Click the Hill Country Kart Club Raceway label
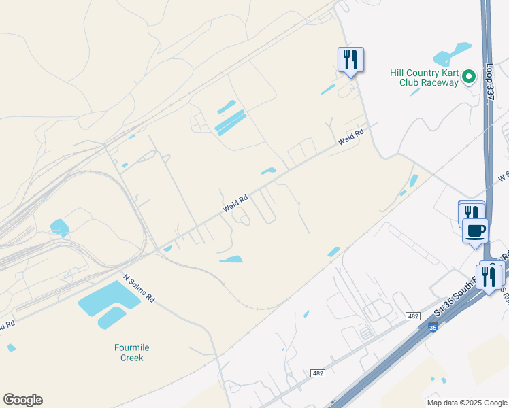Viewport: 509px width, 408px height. tap(425, 78)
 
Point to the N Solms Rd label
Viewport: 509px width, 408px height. tap(139, 289)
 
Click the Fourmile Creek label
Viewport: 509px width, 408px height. tap(131, 352)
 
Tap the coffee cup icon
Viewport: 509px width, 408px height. tap(475, 231)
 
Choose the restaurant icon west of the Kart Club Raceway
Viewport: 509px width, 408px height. tap(350, 60)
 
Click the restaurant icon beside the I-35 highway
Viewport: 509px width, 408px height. tap(489, 277)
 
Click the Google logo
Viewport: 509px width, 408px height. tap(22, 400)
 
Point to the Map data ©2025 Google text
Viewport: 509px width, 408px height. tap(466, 403)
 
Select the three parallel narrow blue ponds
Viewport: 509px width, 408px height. tap(229, 119)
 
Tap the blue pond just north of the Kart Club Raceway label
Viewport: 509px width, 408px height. tap(453, 52)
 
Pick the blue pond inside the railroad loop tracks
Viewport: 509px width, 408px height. tap(59, 227)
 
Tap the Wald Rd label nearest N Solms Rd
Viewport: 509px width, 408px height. tap(235, 203)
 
